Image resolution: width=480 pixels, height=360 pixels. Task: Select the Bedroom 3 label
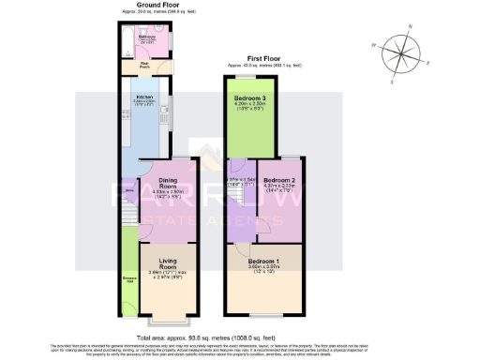[247, 98]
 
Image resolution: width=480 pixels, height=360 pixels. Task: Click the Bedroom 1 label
[263, 260]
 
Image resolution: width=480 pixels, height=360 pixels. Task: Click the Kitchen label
[144, 97]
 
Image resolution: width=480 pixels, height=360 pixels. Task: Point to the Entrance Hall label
[128, 277]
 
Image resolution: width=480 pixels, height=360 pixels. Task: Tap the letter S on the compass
[410, 70]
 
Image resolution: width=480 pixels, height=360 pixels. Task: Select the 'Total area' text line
[240, 336]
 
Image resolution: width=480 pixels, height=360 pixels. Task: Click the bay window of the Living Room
[169, 321]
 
